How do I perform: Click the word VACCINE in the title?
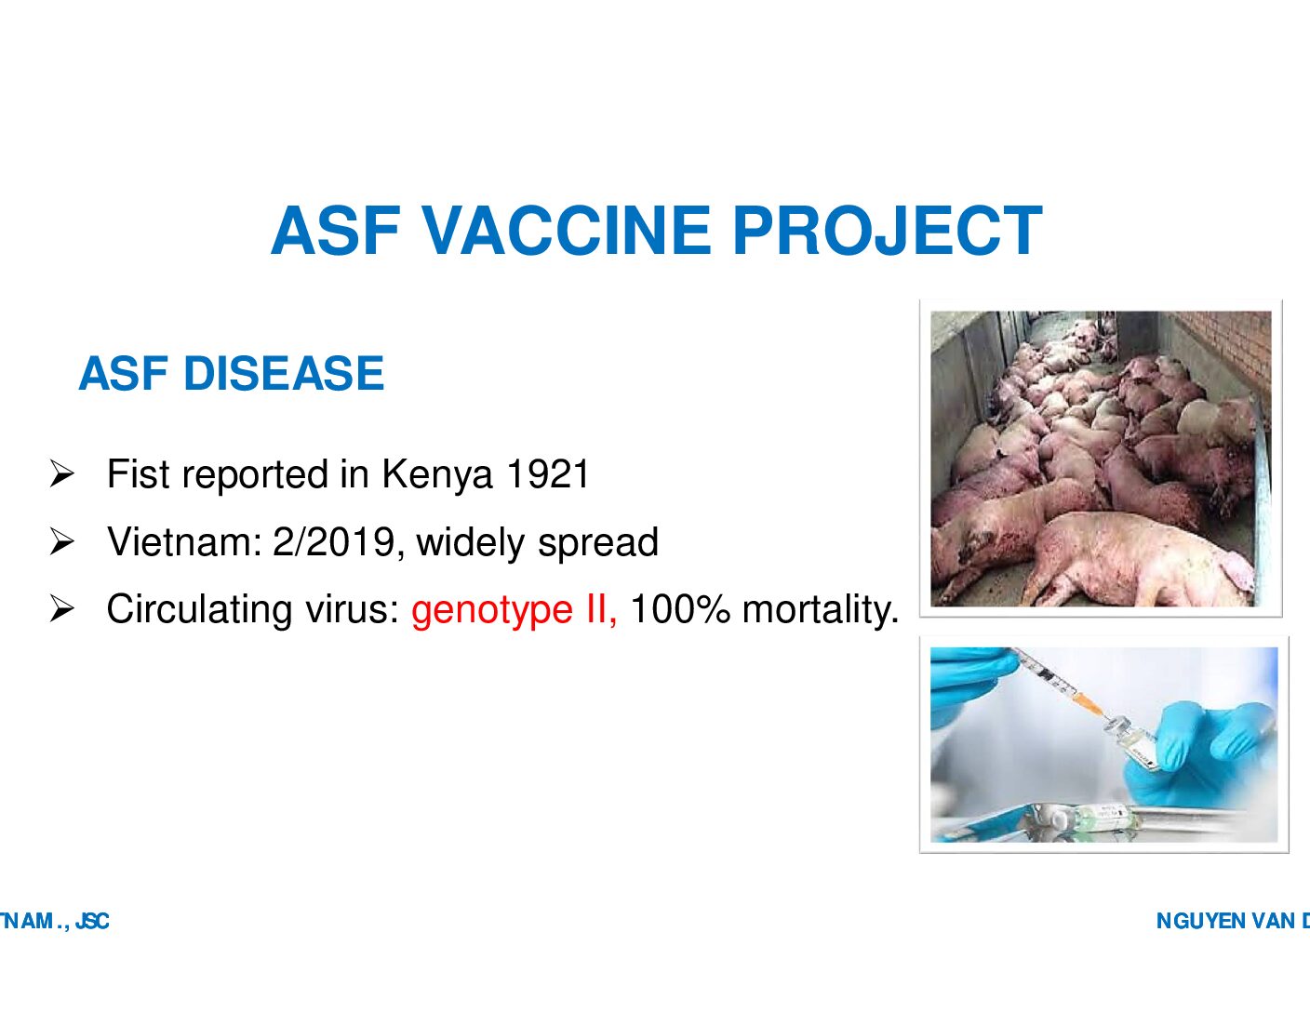tap(568, 232)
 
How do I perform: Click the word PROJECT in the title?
tap(888, 232)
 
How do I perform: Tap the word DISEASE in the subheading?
tap(284, 373)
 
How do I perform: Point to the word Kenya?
tap(437, 475)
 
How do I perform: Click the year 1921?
tap(547, 474)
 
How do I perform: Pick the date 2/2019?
tap(334, 542)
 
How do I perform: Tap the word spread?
tap(598, 543)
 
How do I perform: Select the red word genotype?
tap(492, 610)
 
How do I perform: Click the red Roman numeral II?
tap(600, 609)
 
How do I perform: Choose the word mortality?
tap(821, 610)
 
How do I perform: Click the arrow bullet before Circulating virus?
tap(62, 609)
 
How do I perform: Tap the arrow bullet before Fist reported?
tap(62, 474)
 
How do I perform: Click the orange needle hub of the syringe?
tap(1087, 704)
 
